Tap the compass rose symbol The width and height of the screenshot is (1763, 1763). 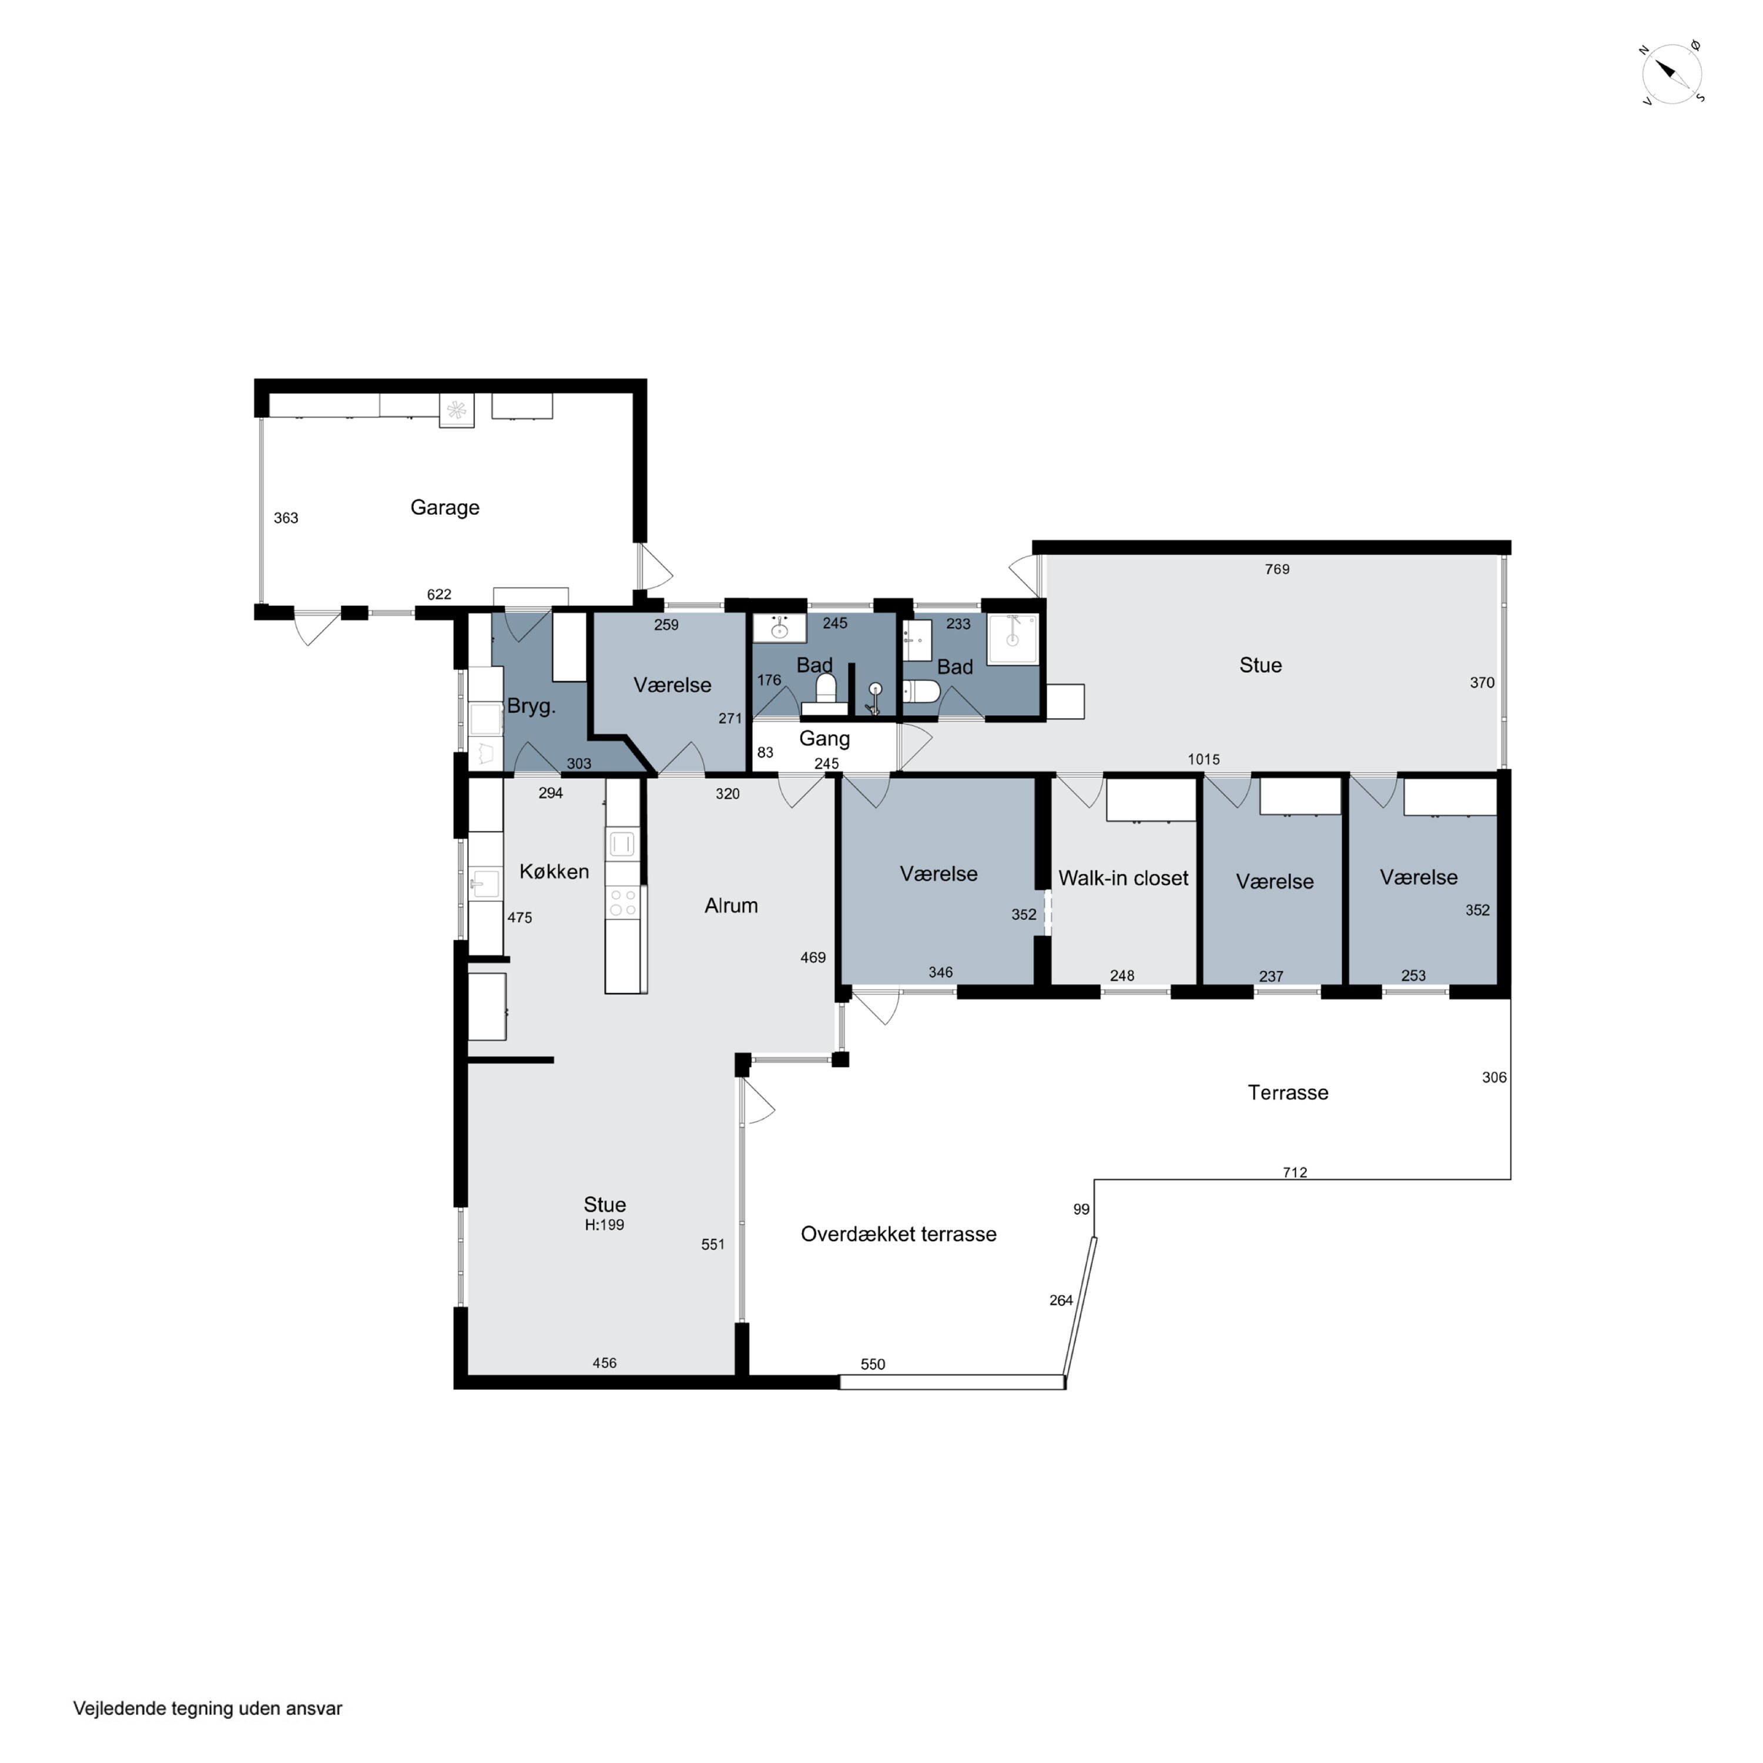[x=1672, y=73]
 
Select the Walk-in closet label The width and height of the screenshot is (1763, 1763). [x=1123, y=878]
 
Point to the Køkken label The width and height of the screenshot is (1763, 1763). [x=554, y=872]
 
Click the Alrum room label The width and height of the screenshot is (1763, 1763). [x=731, y=905]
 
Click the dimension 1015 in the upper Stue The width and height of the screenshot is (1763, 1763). [x=1204, y=759]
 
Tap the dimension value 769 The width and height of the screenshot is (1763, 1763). [x=1276, y=569]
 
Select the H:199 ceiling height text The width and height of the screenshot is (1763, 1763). [x=604, y=1225]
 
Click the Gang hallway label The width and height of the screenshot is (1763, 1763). [x=824, y=738]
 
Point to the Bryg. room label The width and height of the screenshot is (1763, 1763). [x=531, y=706]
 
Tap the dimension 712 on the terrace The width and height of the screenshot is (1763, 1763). [x=1295, y=1172]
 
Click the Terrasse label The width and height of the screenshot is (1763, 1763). [x=1288, y=1092]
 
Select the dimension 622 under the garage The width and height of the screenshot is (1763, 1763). [x=439, y=594]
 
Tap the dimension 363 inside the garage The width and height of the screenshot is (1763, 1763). [x=286, y=517]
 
